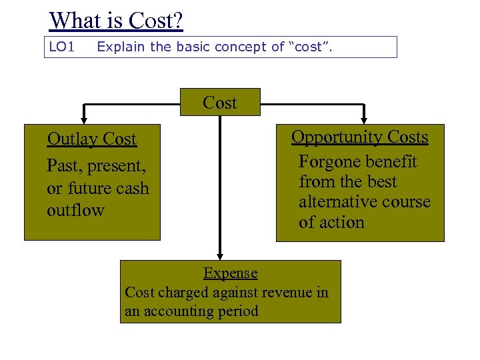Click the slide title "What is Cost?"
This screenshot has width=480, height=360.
point(116,21)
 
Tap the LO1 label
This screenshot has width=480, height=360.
point(61,47)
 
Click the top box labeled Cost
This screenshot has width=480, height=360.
point(220,103)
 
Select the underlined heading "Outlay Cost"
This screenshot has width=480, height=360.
point(91,139)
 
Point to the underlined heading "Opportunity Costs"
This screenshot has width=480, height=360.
point(360,137)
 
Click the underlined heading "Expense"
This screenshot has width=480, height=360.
point(230,273)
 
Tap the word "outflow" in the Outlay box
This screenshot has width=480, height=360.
point(75,211)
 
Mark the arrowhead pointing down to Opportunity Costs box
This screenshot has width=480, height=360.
point(364,120)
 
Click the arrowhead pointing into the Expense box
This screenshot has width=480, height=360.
point(220,256)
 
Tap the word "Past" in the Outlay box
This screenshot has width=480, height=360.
point(62,165)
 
